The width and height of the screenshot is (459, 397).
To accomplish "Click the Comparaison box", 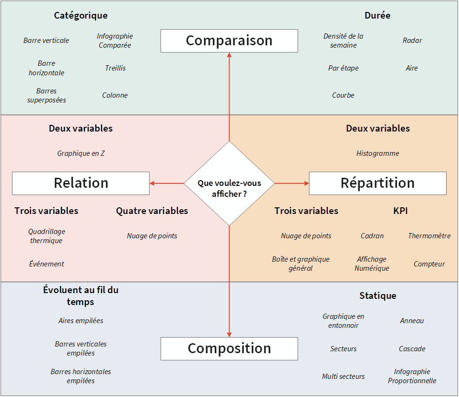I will [229, 41].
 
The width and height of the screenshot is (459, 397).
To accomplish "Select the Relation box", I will [81, 183].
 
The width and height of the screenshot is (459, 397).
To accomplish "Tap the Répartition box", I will [377, 183].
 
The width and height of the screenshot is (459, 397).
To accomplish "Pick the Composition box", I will [229, 348].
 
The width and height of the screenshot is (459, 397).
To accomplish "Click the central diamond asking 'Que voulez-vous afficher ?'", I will [229, 183].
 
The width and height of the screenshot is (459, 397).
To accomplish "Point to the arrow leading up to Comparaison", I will [229, 95].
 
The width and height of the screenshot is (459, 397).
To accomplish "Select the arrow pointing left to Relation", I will [167, 183].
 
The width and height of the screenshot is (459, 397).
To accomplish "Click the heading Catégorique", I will [81, 15].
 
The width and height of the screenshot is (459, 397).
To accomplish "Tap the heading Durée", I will [377, 15].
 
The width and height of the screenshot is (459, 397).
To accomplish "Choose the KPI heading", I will [400, 211].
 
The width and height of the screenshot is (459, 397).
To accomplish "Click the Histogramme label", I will [377, 153].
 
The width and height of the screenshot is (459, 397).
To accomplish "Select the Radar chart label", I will [412, 41].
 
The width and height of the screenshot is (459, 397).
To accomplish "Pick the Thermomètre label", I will [429, 236].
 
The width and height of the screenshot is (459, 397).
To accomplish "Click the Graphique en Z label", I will [81, 153].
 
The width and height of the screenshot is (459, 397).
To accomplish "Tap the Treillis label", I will [115, 68].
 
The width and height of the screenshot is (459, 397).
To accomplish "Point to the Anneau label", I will [412, 321].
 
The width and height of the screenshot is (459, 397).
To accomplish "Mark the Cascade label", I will [412, 349].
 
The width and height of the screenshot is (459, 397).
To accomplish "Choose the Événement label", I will [46, 264].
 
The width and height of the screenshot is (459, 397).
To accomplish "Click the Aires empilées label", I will [81, 321].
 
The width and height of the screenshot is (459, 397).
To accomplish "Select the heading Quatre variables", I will [152, 211].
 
